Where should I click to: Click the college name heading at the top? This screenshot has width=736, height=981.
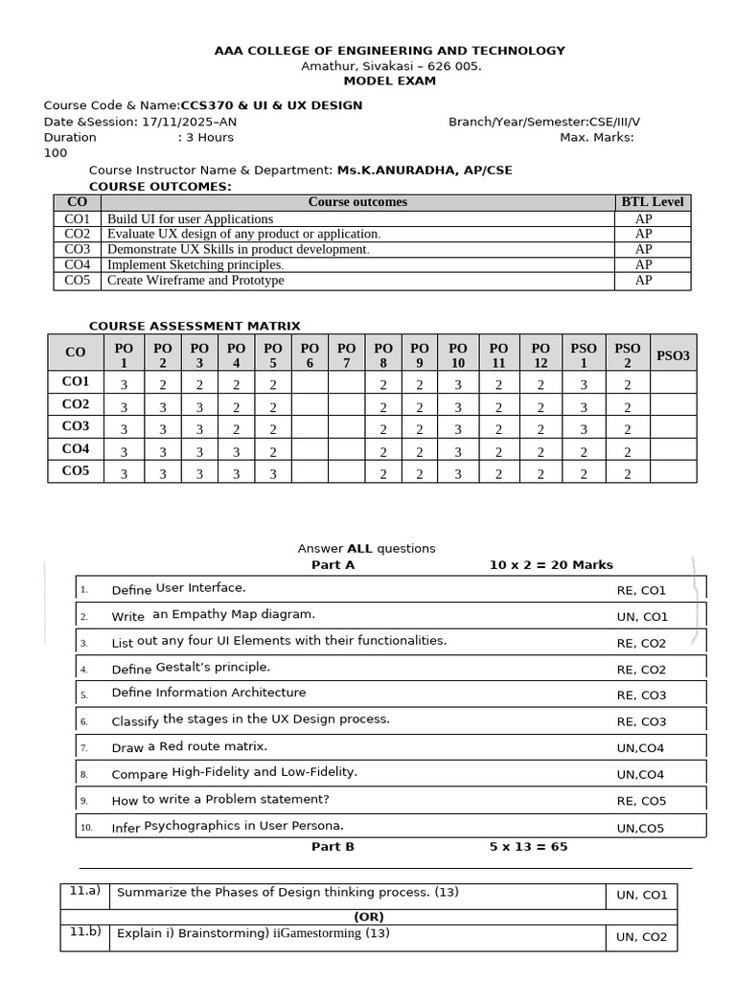pyautogui.click(x=389, y=51)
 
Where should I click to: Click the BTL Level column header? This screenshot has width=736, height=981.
pyautogui.click(x=652, y=202)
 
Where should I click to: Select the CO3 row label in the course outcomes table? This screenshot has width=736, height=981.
pyautogui.click(x=77, y=249)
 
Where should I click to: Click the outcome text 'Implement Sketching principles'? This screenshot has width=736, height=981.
pyautogui.click(x=195, y=264)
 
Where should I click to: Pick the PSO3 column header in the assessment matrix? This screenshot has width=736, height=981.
pyautogui.click(x=673, y=355)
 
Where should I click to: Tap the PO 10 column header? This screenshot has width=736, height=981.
pyautogui.click(x=458, y=355)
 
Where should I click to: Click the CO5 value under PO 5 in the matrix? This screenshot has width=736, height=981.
pyautogui.click(x=273, y=473)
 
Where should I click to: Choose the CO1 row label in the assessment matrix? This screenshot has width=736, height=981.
pyautogui.click(x=76, y=382)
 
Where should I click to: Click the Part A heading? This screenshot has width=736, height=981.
pyautogui.click(x=333, y=565)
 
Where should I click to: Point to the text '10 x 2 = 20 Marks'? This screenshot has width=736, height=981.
pyautogui.click(x=551, y=565)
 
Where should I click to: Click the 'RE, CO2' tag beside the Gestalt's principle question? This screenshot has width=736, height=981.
pyautogui.click(x=641, y=670)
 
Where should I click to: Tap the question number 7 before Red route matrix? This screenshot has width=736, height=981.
pyautogui.click(x=84, y=748)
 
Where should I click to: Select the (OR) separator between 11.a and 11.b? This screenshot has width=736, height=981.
pyautogui.click(x=369, y=917)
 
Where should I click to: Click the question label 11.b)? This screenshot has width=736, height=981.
pyautogui.click(x=86, y=932)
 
